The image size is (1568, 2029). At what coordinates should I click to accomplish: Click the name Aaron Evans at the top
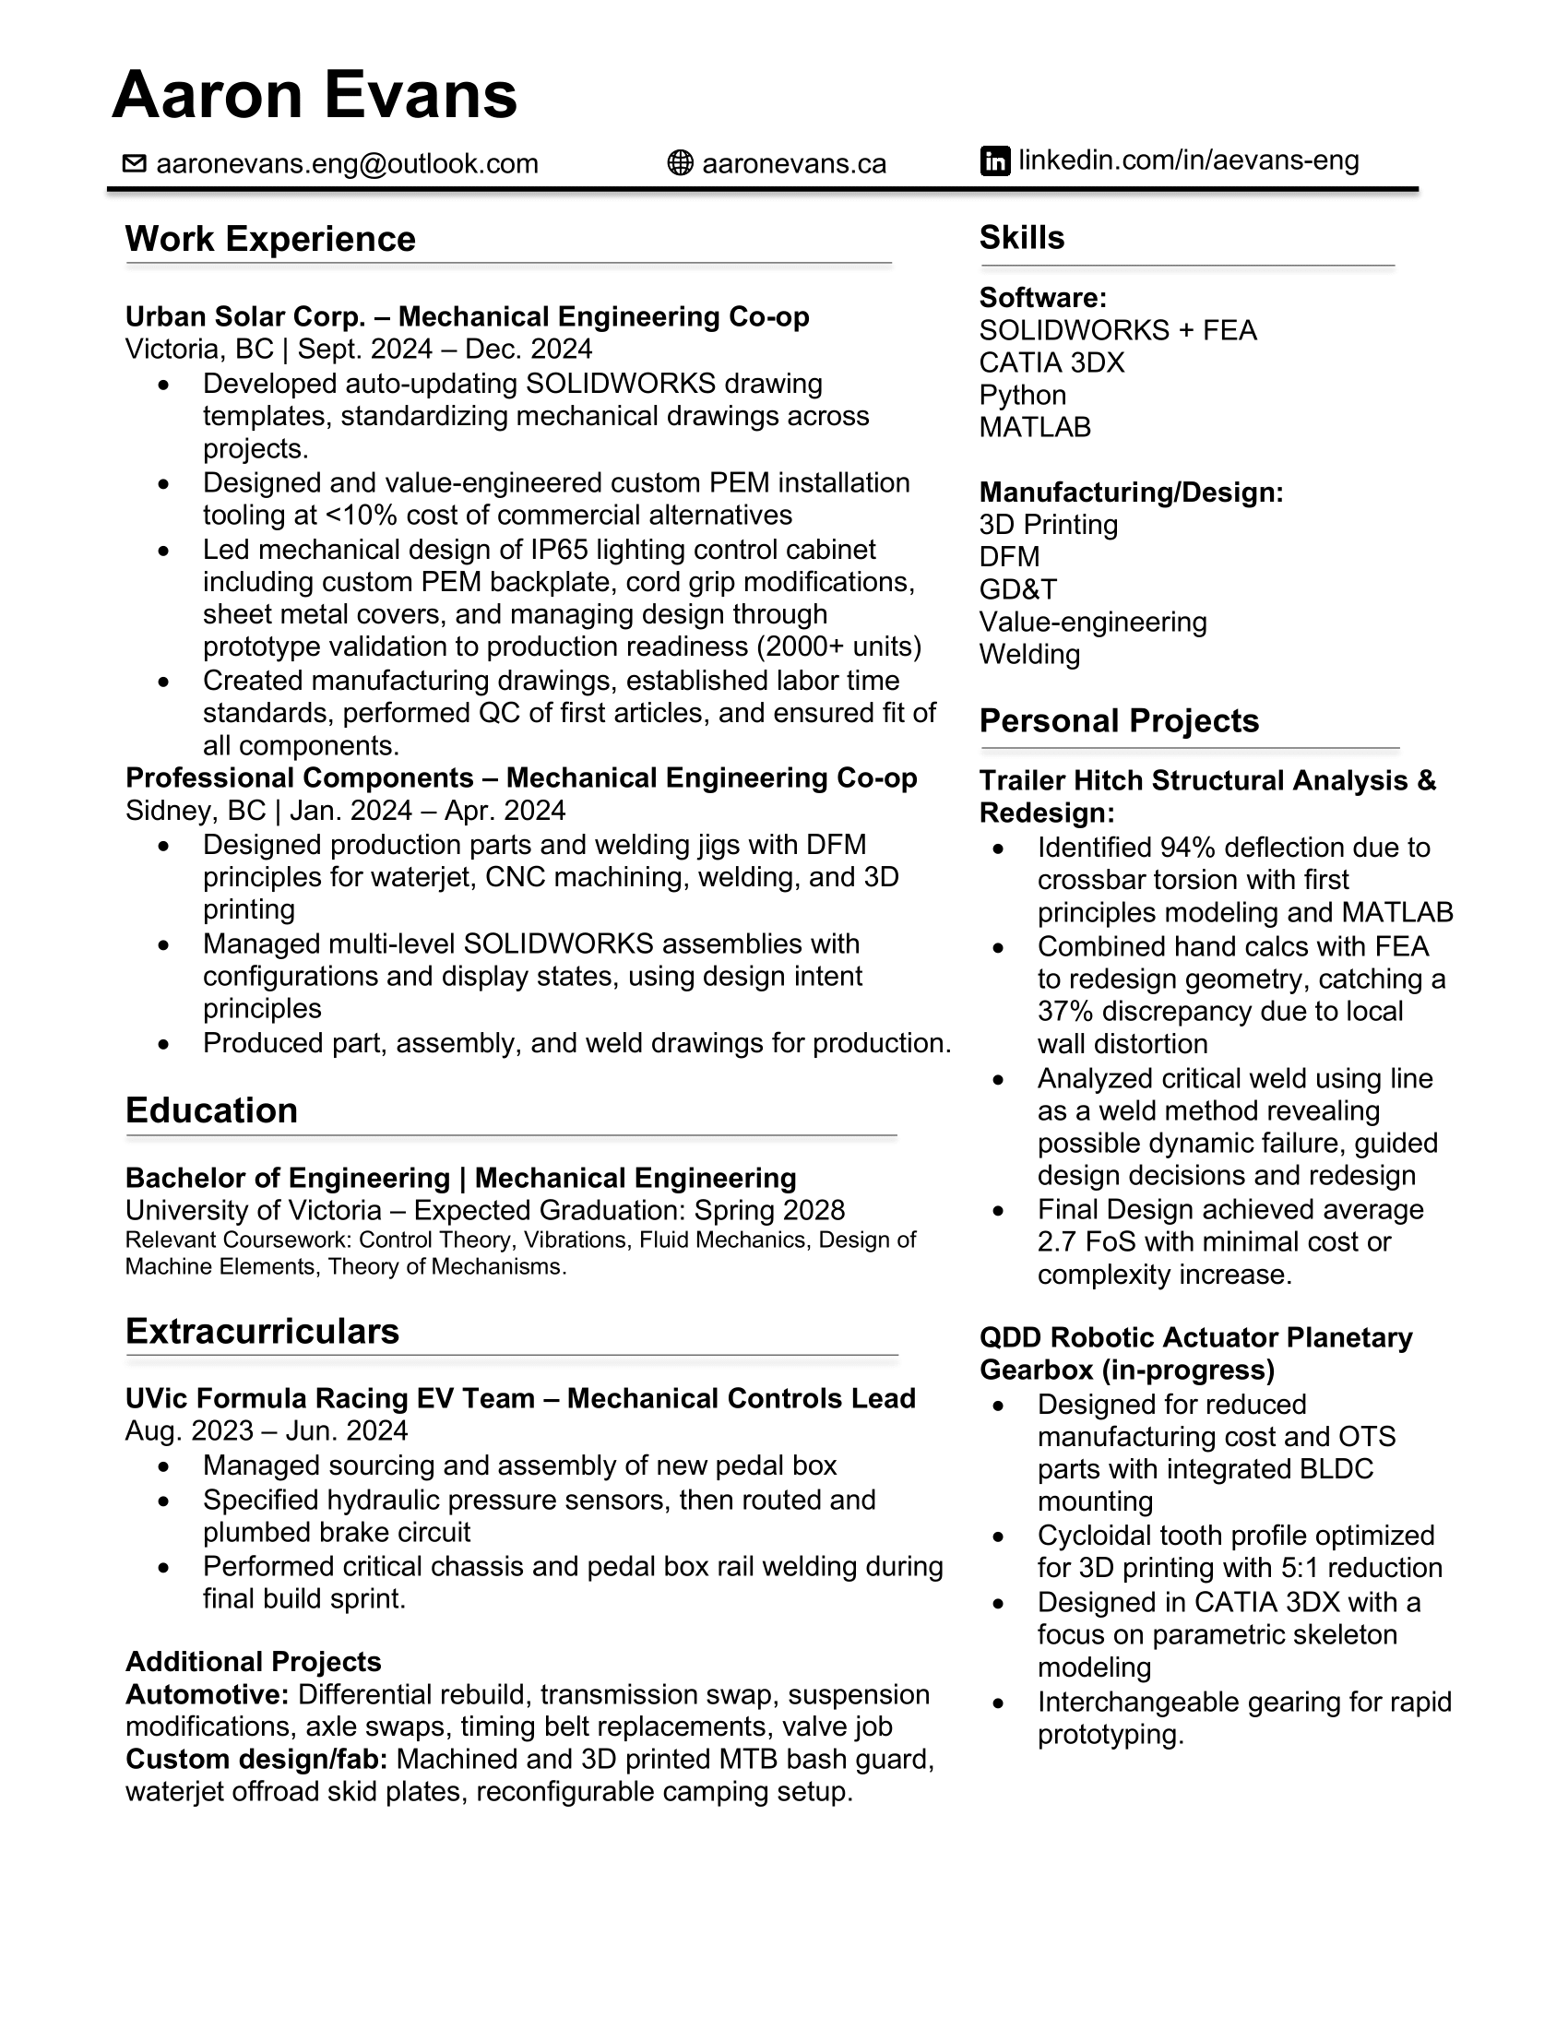tap(314, 95)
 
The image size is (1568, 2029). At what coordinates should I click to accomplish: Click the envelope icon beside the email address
tap(135, 163)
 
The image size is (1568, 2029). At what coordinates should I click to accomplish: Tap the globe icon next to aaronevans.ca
tap(680, 163)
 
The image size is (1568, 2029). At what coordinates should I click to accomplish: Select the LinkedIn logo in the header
tap(995, 160)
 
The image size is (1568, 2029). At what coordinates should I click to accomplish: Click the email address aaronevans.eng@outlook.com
tap(348, 163)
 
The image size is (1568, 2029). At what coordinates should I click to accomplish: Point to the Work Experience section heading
tap(270, 239)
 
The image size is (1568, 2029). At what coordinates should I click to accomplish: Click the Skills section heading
tap(1022, 238)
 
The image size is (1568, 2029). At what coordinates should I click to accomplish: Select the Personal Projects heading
tap(1119, 721)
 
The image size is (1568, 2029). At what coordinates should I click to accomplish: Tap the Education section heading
tap(212, 1110)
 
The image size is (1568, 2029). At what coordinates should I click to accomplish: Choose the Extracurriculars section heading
tap(262, 1331)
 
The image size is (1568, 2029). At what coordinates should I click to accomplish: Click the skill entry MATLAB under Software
tap(1035, 427)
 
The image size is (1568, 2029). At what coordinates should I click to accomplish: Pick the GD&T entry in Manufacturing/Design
tap(1018, 589)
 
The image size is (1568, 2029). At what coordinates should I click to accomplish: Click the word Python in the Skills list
tap(1022, 395)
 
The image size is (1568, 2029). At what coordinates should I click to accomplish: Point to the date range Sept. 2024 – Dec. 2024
tap(445, 350)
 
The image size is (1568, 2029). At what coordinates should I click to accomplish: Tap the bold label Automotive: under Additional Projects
tap(208, 1694)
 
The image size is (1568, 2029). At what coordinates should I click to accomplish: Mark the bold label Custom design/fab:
tap(256, 1760)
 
